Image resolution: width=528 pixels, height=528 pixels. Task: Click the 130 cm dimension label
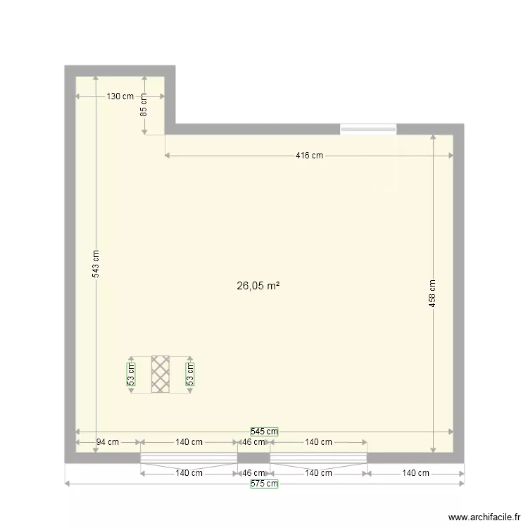point(120,96)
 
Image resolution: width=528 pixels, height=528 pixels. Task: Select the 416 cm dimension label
point(308,156)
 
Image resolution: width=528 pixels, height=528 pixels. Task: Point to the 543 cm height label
point(96,265)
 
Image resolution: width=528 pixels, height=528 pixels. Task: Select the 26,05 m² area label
point(258,286)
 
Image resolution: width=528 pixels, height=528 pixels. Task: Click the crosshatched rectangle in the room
point(161,374)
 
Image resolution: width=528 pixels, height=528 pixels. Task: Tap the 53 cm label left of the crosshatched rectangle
point(130,374)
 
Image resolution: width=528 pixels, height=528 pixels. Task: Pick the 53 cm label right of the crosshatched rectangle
point(189,374)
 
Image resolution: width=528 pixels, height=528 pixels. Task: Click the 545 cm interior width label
point(264,432)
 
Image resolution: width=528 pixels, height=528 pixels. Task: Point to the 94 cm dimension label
point(108,442)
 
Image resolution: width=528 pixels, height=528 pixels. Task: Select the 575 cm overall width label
point(264,484)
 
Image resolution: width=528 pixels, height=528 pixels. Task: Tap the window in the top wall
point(368,129)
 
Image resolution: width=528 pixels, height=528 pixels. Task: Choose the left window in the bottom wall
point(189,458)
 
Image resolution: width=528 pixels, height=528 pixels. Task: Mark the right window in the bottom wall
point(318,458)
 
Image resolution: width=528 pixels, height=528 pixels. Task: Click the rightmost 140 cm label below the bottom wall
point(415,473)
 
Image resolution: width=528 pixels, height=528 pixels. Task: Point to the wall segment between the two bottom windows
point(253,458)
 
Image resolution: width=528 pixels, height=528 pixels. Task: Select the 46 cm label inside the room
point(253,442)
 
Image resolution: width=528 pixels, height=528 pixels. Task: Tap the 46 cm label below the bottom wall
point(253,473)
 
